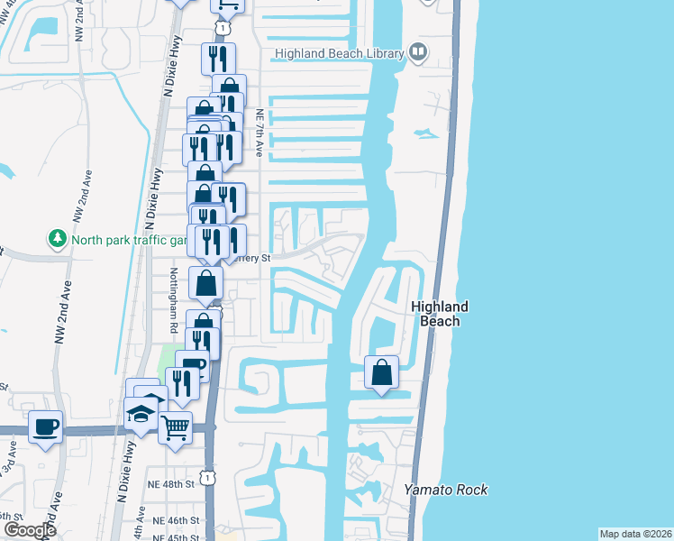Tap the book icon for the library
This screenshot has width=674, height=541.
click(x=418, y=52)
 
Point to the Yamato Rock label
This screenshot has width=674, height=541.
click(x=445, y=490)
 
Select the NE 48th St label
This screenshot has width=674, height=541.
click(x=173, y=484)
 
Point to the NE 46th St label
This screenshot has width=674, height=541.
click(x=175, y=520)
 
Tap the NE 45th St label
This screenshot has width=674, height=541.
click(x=175, y=537)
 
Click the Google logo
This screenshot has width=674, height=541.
click(x=29, y=530)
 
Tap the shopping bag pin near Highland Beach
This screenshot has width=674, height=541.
click(x=381, y=371)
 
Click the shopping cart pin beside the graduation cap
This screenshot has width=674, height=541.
click(x=175, y=427)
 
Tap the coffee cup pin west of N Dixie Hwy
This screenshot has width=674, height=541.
click(x=45, y=426)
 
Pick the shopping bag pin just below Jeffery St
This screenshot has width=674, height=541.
click(x=206, y=282)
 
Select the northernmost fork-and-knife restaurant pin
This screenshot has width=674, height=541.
click(x=218, y=59)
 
